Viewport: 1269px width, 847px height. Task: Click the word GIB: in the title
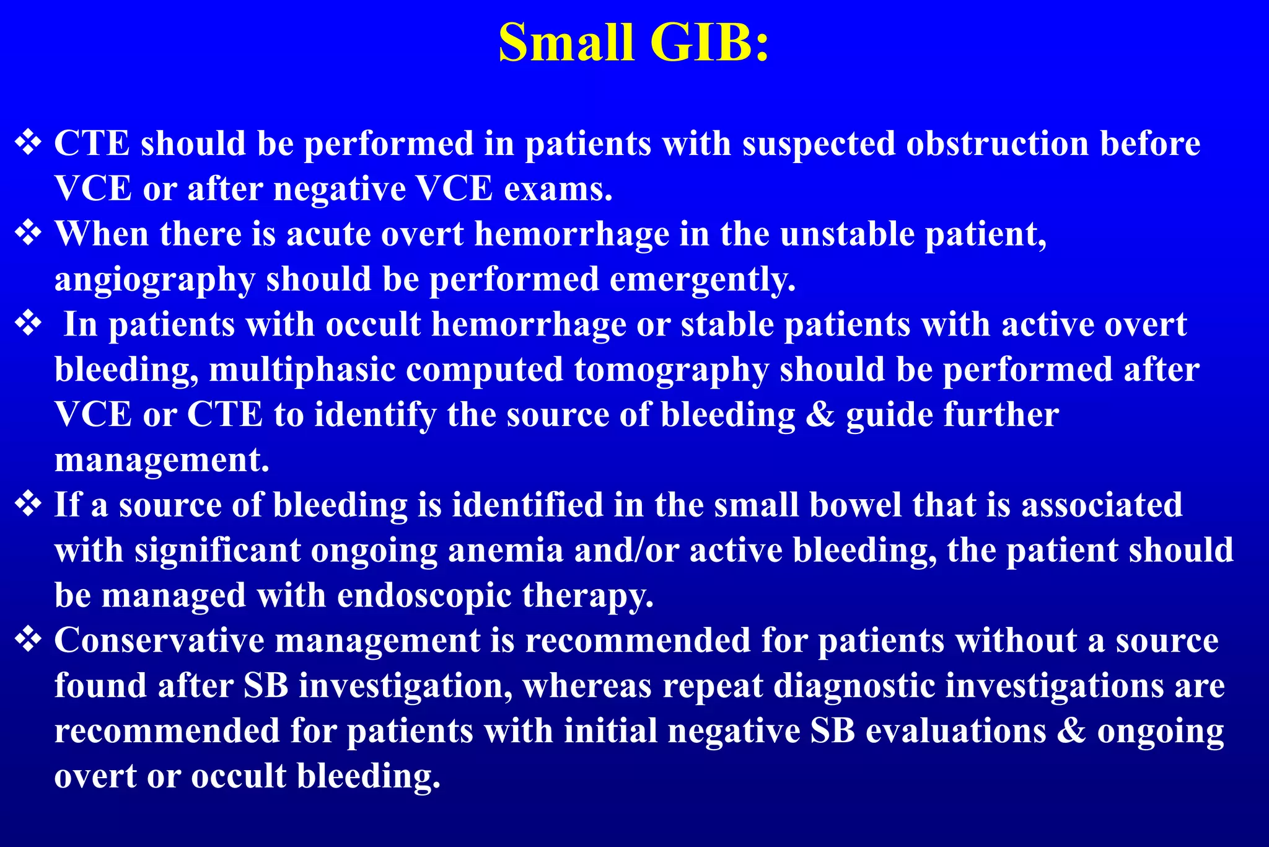709,42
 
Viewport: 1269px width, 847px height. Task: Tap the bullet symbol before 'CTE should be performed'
29,143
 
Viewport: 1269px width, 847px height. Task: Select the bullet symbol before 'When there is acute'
29,233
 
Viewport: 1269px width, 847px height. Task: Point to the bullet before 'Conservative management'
29,640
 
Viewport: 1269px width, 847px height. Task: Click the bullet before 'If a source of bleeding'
29,504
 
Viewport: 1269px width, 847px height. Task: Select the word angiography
154,280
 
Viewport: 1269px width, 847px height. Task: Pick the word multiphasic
302,370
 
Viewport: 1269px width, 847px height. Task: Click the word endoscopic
424,596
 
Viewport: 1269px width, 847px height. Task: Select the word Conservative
159,640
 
